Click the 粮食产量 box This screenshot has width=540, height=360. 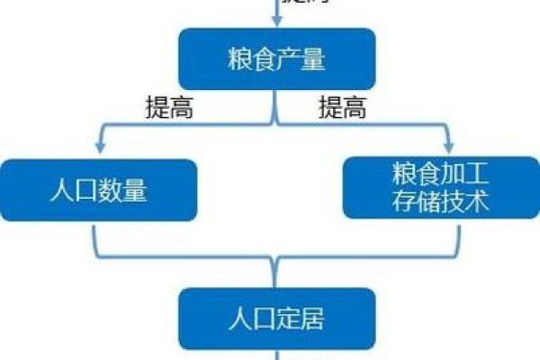276,58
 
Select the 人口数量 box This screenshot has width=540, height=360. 99,190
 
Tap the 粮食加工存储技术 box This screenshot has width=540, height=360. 441,188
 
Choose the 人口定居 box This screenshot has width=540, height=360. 276,319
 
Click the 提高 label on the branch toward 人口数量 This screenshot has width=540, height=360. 169,109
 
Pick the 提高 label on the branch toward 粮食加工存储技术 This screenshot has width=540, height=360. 343,109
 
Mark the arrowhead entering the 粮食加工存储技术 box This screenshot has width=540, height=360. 447,149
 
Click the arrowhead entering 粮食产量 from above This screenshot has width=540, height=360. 276,22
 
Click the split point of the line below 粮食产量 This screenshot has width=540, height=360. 276,124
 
